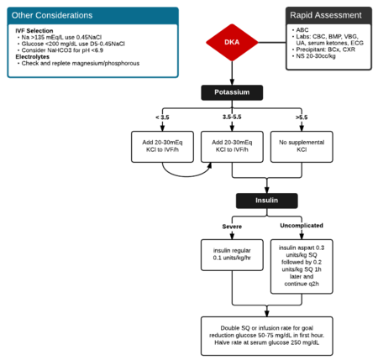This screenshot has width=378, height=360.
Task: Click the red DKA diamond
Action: tap(230, 41)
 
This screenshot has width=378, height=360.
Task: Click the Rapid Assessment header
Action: tap(326, 15)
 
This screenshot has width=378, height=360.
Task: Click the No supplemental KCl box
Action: tap(295, 149)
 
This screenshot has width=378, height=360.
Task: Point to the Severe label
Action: tap(232, 227)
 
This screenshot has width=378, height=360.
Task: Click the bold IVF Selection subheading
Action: tap(34, 30)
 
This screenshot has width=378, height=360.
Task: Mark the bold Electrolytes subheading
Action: tap(34, 57)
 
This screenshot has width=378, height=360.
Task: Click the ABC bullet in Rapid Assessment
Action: tap(300, 30)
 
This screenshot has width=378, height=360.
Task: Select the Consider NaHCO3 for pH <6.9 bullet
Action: tap(64, 50)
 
